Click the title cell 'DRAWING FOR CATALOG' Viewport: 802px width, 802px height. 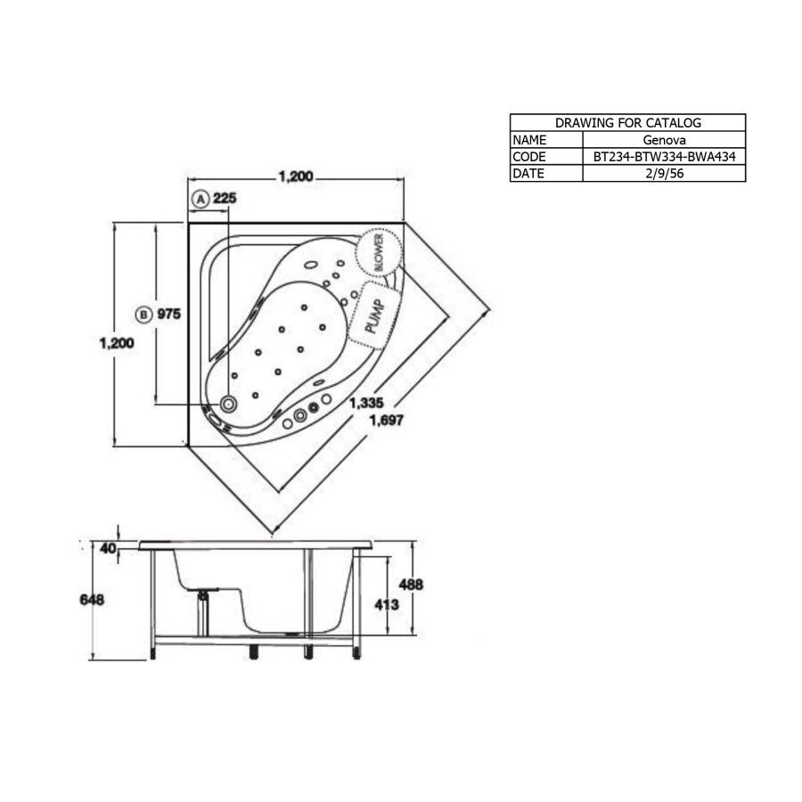627,123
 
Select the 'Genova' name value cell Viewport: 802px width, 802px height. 664,140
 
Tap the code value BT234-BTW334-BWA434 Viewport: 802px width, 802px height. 664,157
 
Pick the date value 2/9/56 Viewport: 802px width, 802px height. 664,174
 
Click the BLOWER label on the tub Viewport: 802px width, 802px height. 379,253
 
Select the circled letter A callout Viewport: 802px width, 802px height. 200,199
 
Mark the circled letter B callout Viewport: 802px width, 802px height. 143,314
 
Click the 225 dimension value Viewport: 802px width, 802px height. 225,199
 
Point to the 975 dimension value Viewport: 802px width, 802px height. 170,314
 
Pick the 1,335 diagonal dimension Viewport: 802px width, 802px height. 365,404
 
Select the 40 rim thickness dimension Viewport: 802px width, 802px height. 109,548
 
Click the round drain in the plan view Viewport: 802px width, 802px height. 229,405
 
